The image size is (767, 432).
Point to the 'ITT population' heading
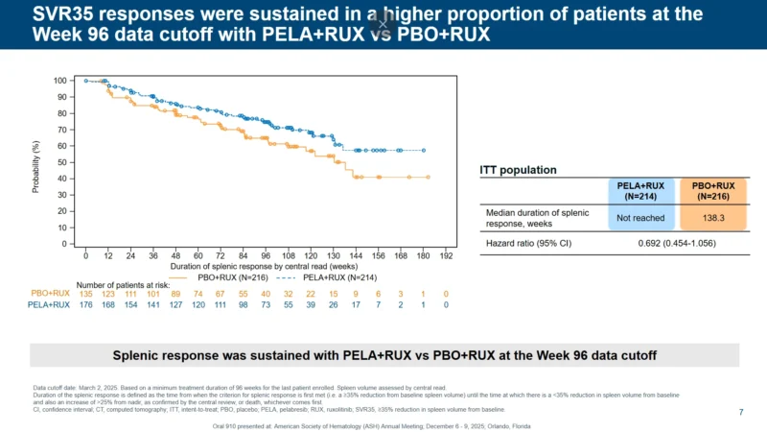click(518, 170)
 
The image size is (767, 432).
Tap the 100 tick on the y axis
click(60, 81)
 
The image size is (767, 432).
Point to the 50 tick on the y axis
click(63, 162)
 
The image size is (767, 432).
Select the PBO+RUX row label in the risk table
click(51, 293)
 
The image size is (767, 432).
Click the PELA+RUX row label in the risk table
click(50, 304)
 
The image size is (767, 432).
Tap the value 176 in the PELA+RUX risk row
click(85, 304)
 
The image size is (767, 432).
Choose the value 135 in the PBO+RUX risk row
click(85, 293)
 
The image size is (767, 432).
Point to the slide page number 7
click(741, 412)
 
